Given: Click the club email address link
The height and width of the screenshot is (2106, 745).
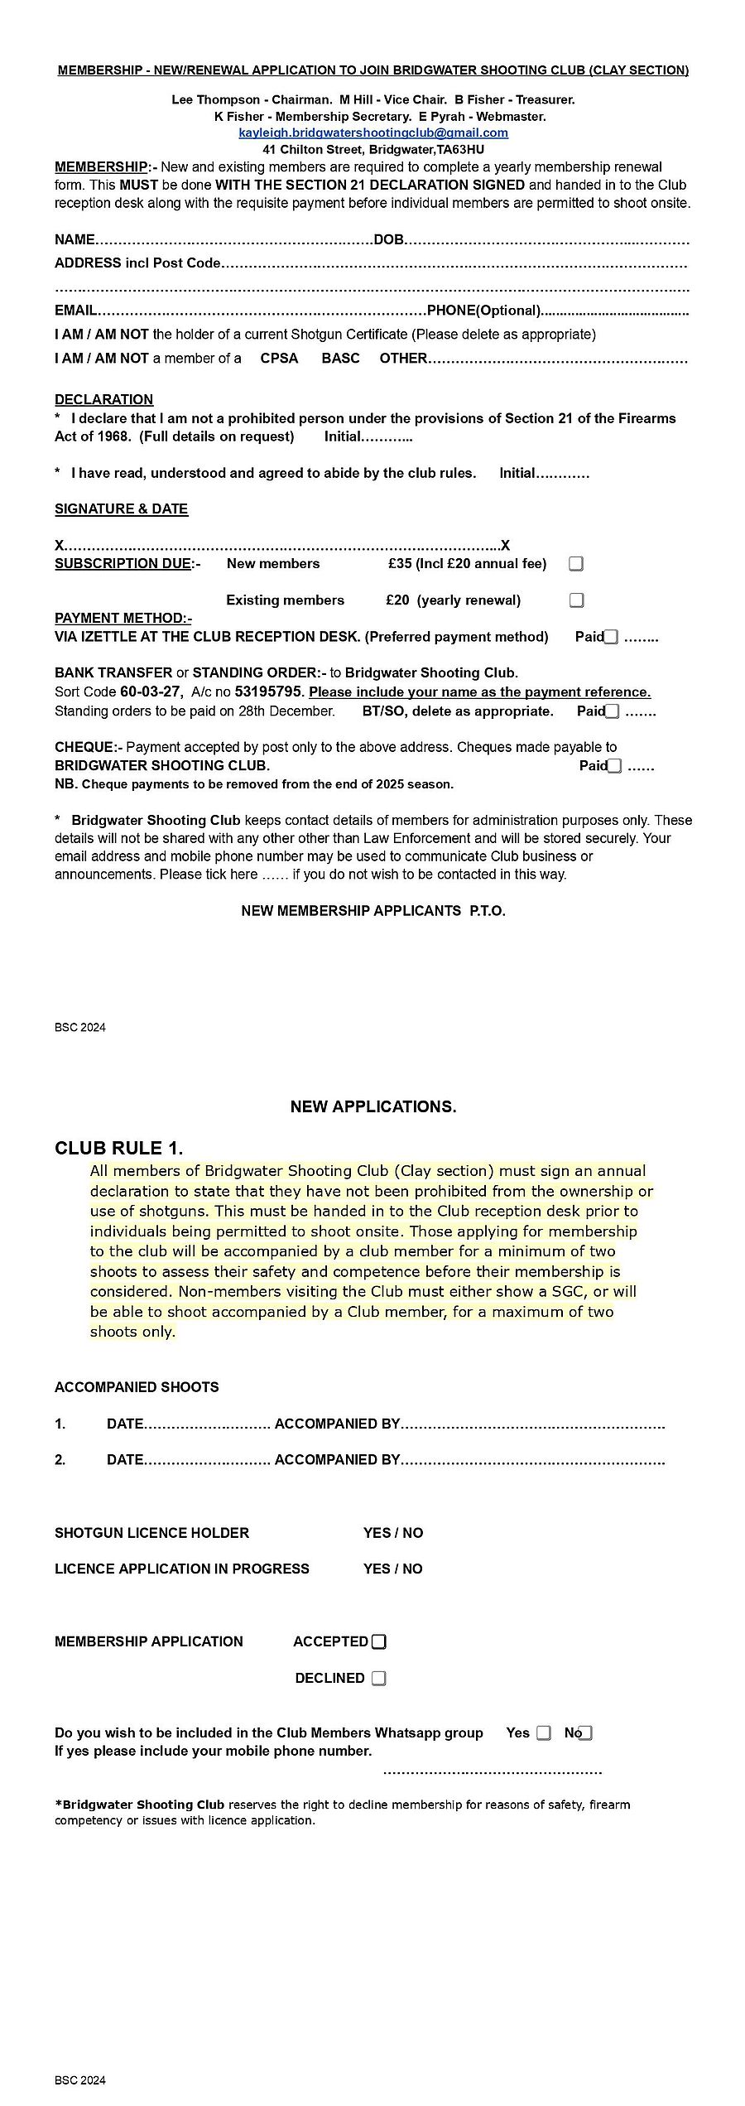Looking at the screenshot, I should tap(373, 133).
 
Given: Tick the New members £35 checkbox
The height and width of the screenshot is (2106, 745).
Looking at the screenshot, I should tap(576, 564).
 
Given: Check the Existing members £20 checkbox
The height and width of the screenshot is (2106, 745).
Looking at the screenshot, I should tap(576, 600).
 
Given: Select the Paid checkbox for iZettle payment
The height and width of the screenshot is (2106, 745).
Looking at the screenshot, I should tap(611, 637).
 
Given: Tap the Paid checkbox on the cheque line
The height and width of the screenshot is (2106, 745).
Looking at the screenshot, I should tap(614, 766).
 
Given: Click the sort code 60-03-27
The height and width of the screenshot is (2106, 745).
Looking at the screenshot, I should tap(151, 692).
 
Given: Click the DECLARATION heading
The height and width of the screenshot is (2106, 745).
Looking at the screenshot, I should tap(103, 399).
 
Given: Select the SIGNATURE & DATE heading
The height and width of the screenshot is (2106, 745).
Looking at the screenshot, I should tap(121, 508).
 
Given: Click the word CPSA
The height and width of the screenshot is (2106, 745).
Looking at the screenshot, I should tap(279, 359).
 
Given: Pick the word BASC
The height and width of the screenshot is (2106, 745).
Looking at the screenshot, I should tap(340, 359).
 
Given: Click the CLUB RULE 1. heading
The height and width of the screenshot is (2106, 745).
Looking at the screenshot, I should tap(118, 1148).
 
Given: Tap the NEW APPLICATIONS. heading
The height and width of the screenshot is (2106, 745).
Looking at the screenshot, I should tap(372, 1106).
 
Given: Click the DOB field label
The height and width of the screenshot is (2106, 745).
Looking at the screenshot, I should tap(388, 240).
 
